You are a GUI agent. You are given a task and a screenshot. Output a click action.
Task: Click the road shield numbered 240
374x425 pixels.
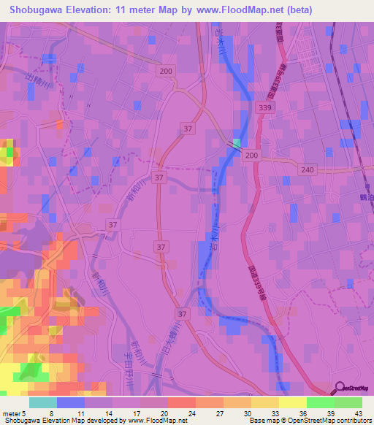tap(307, 169)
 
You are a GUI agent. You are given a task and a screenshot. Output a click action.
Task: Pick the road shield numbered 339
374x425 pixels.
tap(266, 107)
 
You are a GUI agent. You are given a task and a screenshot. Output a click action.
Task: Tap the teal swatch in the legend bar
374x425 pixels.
tap(43, 402)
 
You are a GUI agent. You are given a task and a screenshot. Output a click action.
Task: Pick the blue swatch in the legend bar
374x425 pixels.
tap(71, 402)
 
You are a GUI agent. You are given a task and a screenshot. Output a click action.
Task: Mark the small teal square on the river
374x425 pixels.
tap(237, 142)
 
